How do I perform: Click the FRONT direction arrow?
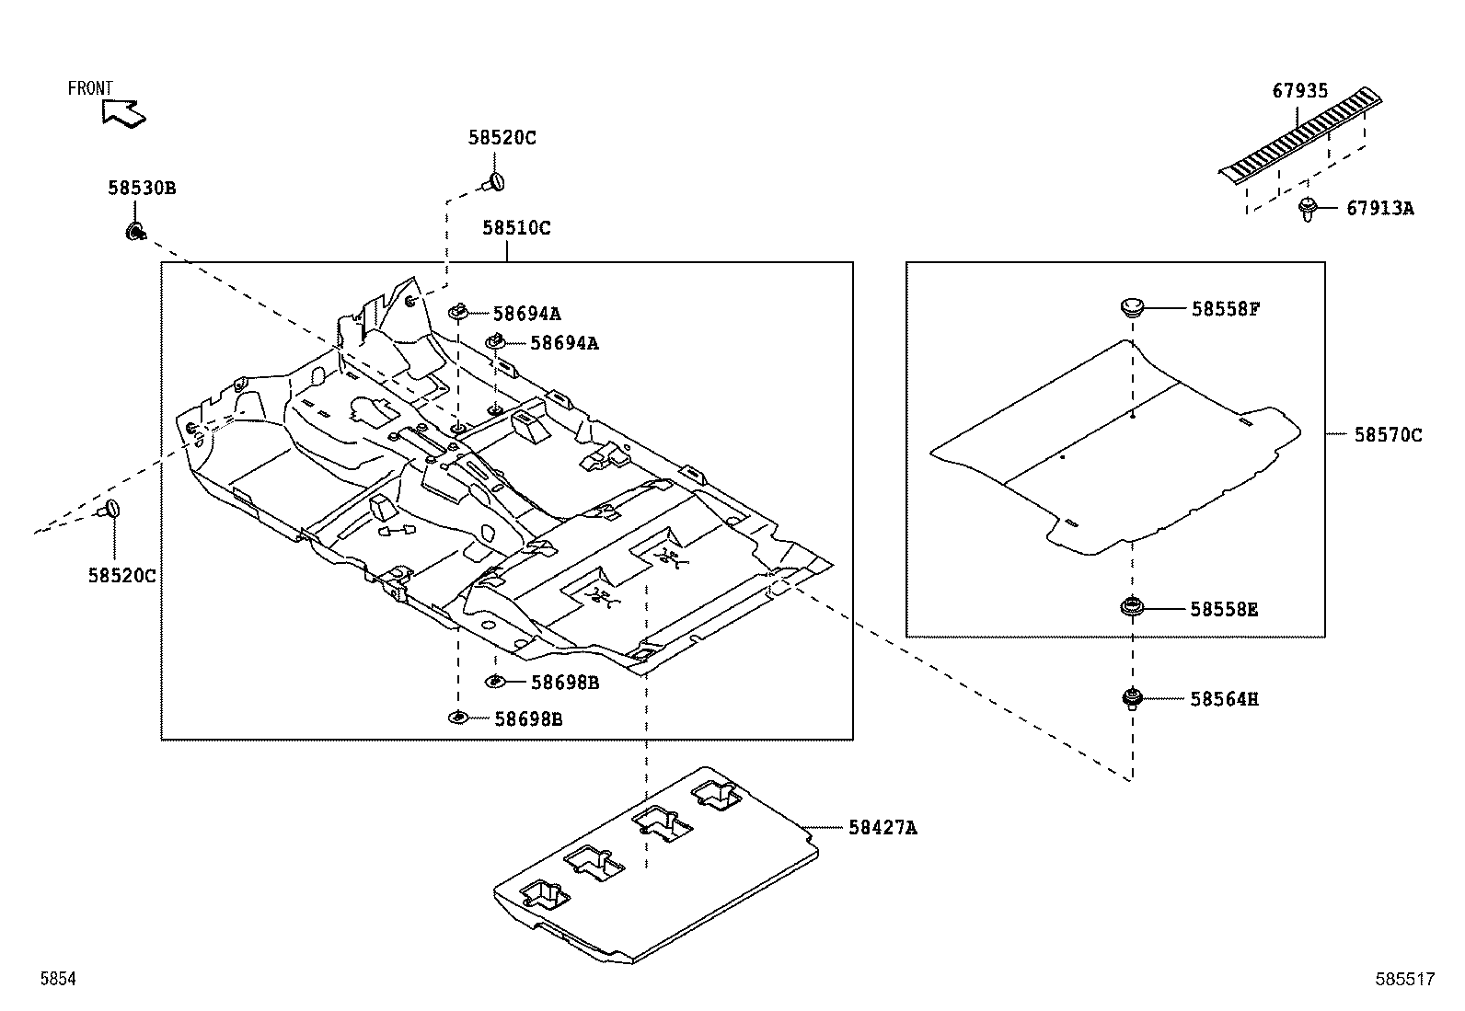pyautogui.click(x=124, y=113)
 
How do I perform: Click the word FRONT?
pyautogui.click(x=90, y=88)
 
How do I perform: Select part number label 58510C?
pyautogui.click(x=516, y=228)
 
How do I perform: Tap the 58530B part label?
pyautogui.click(x=142, y=189)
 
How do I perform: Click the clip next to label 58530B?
pyautogui.click(x=134, y=231)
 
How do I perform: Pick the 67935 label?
pyautogui.click(x=1300, y=91)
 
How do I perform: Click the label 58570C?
pyautogui.click(x=1387, y=435)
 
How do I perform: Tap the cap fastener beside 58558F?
pyautogui.click(x=1132, y=307)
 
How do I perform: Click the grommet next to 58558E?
pyautogui.click(x=1132, y=607)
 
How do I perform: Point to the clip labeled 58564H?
pyautogui.click(x=1132, y=699)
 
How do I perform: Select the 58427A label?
pyautogui.click(x=882, y=828)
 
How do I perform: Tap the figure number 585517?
pyautogui.click(x=1404, y=981)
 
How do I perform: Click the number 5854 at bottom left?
pyautogui.click(x=57, y=981)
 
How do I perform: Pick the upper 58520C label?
pyautogui.click(x=502, y=139)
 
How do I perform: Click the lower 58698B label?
pyautogui.click(x=527, y=719)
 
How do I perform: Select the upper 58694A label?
pyautogui.click(x=526, y=313)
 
